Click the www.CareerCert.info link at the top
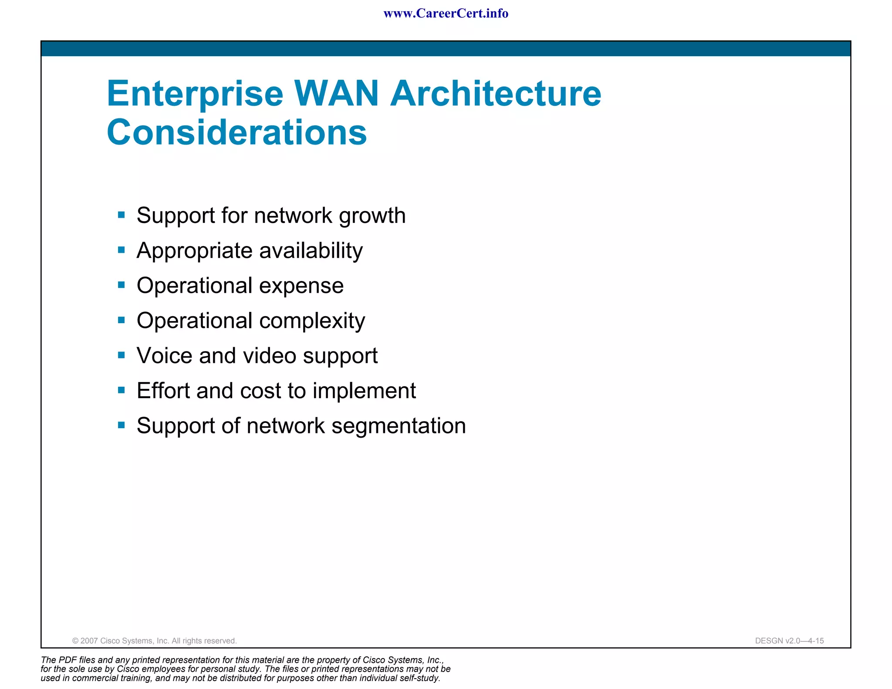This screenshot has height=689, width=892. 446,14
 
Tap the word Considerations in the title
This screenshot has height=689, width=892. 237,132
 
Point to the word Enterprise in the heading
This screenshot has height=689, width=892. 195,94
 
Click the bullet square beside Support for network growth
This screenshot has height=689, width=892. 122,215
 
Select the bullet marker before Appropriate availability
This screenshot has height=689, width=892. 122,250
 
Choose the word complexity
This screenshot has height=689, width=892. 312,321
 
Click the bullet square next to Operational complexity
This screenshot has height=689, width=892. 122,320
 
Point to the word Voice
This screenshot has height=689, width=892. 165,355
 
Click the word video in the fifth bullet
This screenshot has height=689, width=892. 270,355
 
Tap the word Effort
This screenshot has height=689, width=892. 163,391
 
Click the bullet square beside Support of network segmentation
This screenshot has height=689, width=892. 122,425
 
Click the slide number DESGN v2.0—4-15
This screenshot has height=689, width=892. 789,641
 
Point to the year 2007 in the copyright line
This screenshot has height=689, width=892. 89,641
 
